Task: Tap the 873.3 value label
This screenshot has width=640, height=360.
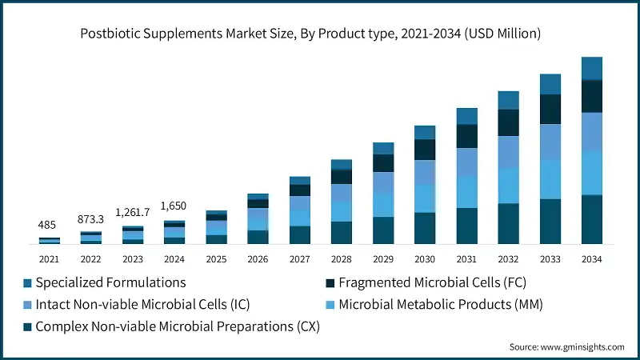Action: pos(90,218)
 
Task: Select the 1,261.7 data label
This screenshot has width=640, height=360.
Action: pos(132,212)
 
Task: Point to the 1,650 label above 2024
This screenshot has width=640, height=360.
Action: pos(174,206)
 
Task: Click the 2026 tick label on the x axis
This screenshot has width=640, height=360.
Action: pos(258,259)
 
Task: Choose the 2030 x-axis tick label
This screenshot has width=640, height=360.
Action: pos(424,259)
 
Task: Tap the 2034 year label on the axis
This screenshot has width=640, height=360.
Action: pos(591,259)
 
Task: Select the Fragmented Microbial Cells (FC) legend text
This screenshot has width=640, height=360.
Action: pos(432,282)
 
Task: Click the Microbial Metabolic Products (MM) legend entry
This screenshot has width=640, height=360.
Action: pos(431,305)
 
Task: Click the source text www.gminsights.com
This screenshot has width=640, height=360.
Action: pos(566,346)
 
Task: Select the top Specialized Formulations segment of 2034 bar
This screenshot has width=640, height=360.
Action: pos(591,69)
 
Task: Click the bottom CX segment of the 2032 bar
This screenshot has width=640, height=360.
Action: pos(508,223)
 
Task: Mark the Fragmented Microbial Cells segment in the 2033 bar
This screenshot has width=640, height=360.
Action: pos(550,110)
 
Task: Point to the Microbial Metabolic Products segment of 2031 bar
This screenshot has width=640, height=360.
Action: pos(466,191)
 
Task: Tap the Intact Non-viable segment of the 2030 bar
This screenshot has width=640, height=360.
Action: pos(424,173)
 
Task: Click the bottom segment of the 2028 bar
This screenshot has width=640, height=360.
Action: pos(341,232)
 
